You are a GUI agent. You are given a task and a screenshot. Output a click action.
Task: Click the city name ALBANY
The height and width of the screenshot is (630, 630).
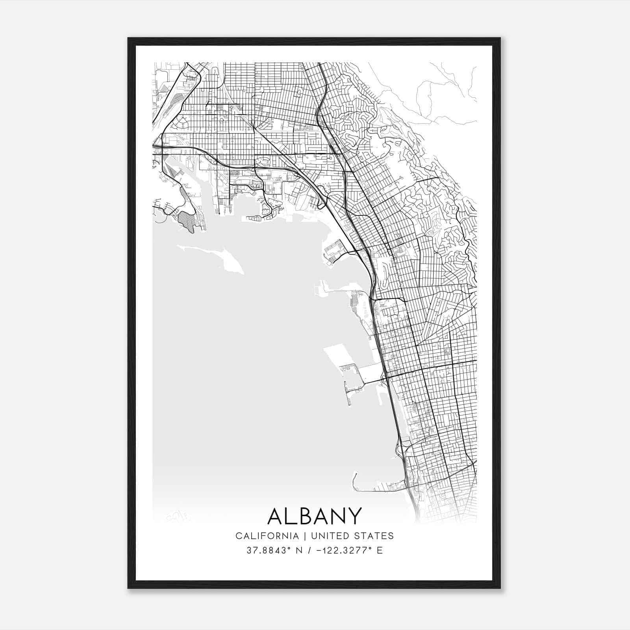coord(315,516)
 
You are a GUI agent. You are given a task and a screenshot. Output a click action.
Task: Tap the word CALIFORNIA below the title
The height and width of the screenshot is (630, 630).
coord(267,536)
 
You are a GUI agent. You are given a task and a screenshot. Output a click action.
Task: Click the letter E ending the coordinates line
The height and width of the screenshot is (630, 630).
coord(380,550)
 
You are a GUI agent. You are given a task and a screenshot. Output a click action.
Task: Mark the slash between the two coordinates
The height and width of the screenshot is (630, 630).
coord(313,550)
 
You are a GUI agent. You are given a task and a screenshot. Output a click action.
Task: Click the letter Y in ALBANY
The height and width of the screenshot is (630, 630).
coord(354,516)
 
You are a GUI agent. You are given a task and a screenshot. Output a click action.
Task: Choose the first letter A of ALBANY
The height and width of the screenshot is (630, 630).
coord(275,516)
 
